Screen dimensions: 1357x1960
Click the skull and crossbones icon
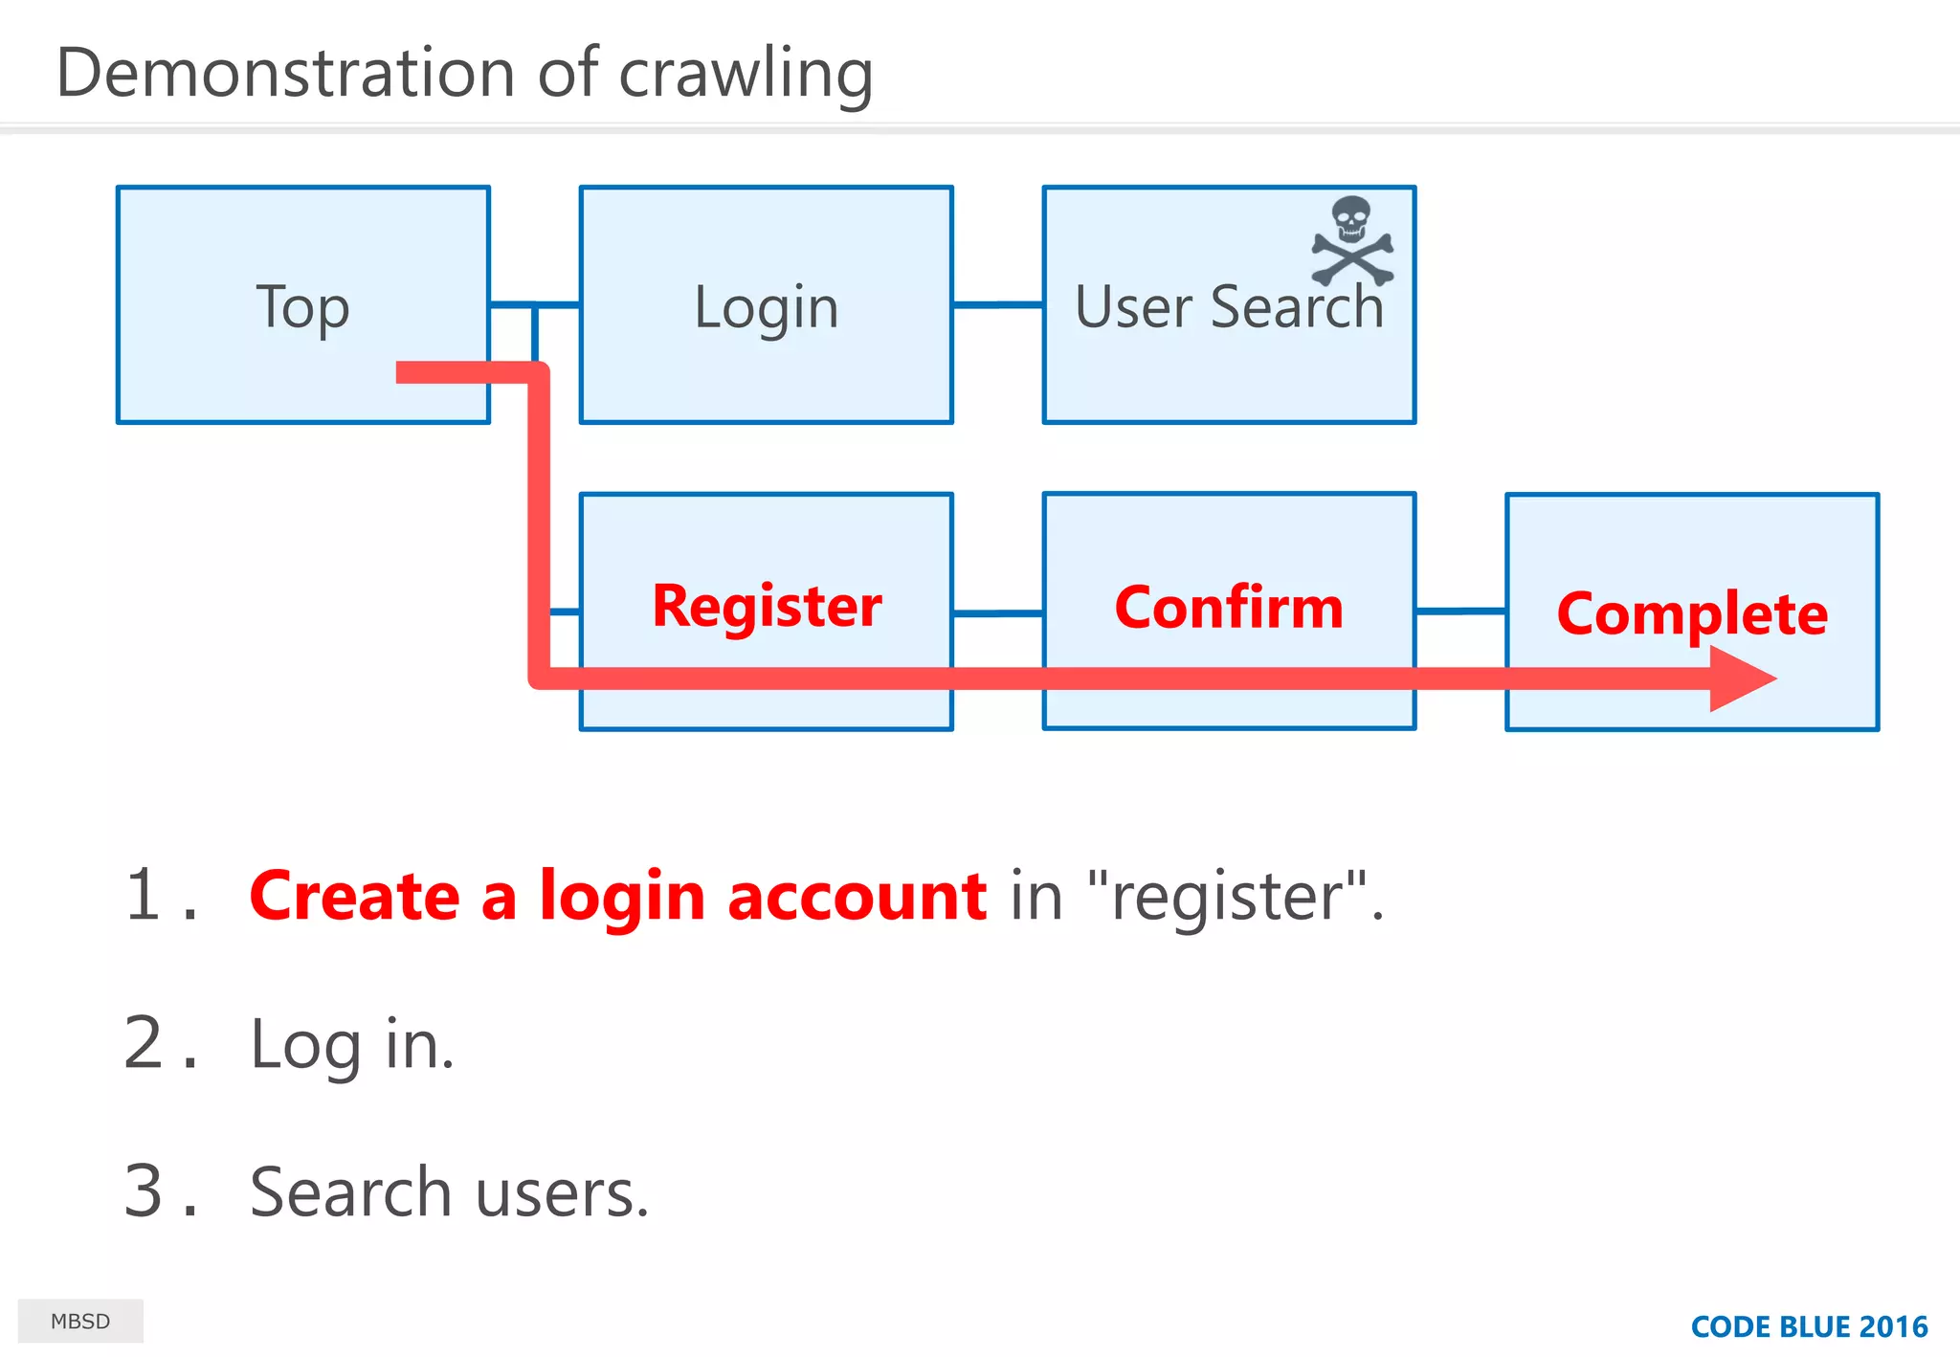click(x=1351, y=241)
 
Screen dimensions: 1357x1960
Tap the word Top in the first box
click(x=302, y=308)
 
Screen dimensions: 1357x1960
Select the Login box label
click(x=766, y=308)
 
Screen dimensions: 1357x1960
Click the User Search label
click(x=1229, y=308)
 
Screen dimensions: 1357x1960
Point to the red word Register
click(x=767, y=606)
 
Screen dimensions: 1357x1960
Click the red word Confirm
click(x=1229, y=608)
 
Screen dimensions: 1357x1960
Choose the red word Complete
click(x=1692, y=613)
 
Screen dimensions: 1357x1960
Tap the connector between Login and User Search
click(x=997, y=305)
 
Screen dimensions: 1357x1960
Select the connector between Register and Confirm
click(x=997, y=613)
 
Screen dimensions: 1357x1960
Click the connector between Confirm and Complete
click(x=1460, y=611)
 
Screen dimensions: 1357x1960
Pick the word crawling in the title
click(x=746, y=75)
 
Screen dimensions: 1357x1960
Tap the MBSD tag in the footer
click(x=80, y=1322)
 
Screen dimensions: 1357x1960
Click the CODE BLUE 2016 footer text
click(x=1809, y=1327)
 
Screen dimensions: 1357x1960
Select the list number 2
click(x=145, y=1043)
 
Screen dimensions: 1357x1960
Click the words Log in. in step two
click(x=351, y=1045)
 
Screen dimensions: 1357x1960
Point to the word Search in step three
click(x=350, y=1192)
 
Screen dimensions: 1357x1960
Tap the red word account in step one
click(x=857, y=898)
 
